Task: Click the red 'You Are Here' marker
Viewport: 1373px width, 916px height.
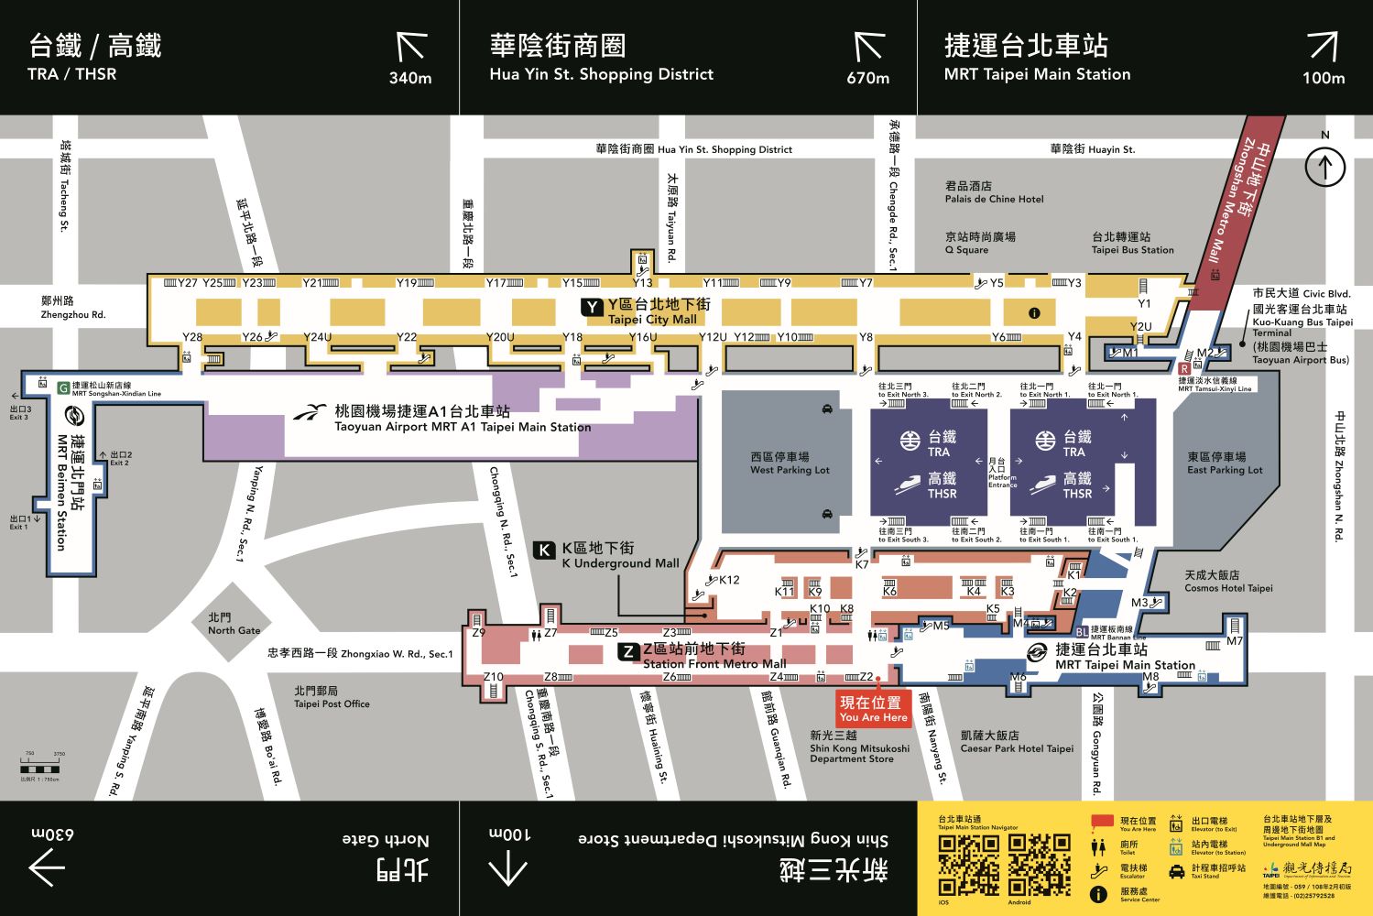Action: [873, 709]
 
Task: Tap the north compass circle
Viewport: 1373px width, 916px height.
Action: [1324, 168]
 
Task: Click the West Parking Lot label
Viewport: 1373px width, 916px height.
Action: [790, 463]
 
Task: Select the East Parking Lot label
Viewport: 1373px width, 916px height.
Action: [1225, 463]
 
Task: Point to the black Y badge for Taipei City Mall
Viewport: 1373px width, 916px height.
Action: [593, 307]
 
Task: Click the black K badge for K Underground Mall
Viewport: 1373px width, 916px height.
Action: [545, 550]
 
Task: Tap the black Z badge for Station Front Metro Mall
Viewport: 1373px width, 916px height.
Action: [627, 651]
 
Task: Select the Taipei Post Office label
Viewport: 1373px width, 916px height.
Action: [332, 697]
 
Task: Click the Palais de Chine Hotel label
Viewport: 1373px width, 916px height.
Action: [994, 192]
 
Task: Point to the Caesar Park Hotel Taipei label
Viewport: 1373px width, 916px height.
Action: [1017, 742]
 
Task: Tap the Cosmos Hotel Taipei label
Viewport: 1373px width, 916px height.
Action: [1228, 582]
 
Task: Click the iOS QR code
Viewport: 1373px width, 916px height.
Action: [968, 865]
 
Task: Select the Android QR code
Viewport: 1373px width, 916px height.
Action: [1039, 865]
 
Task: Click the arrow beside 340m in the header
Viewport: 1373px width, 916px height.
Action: [411, 46]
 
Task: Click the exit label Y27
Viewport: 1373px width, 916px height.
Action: [187, 283]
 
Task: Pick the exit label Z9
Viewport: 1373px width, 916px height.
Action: [478, 632]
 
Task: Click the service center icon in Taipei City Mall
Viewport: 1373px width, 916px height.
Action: [1034, 313]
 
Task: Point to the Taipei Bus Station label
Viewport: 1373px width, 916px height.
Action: [1132, 243]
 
